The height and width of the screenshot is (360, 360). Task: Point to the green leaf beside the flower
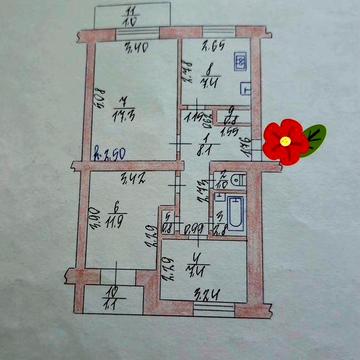pyautogui.click(x=314, y=133)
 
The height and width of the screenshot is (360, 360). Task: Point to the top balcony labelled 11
pyautogui.click(x=130, y=15)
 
